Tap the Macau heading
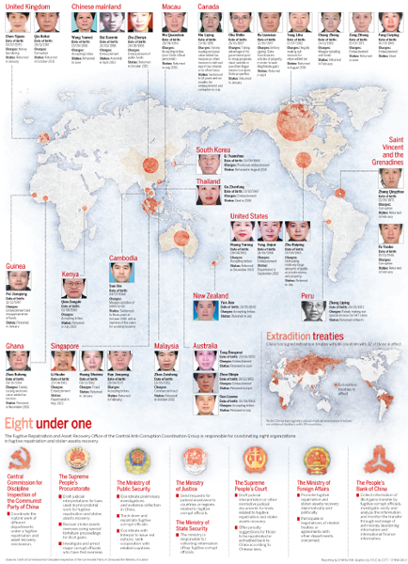tap(171, 6)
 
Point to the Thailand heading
tap(209, 180)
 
